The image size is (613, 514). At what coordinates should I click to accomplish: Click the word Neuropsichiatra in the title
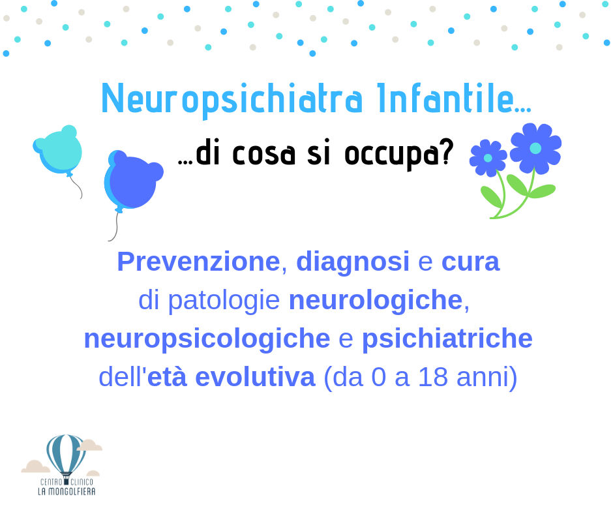(232, 99)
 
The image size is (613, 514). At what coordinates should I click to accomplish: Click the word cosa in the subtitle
(263, 154)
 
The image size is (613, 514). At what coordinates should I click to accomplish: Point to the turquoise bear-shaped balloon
(59, 151)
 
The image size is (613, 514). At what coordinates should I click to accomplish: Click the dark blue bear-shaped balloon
(133, 181)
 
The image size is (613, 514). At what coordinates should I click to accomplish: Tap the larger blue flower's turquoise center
(535, 148)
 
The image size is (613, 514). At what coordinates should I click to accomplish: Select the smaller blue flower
(488, 158)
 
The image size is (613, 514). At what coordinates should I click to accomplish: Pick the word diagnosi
(353, 262)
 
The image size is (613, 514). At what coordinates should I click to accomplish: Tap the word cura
(470, 262)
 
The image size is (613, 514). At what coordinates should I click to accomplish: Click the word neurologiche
(376, 301)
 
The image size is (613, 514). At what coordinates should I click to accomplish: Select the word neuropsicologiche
(207, 339)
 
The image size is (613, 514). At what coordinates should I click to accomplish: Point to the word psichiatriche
(447, 339)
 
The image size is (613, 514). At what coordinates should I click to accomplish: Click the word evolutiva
(255, 377)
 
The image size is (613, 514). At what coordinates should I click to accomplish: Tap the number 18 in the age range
(433, 377)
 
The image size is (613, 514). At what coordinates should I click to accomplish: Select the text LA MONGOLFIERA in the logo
(67, 491)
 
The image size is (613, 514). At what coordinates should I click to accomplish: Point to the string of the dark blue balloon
(115, 226)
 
